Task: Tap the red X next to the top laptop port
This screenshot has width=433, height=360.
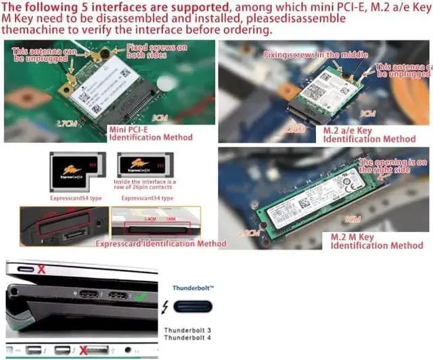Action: click(41, 269)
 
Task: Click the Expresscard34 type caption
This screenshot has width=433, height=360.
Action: click(148, 199)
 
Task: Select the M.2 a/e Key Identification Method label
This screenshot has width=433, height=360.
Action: click(369, 135)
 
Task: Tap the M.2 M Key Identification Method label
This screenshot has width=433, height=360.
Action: click(377, 242)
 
